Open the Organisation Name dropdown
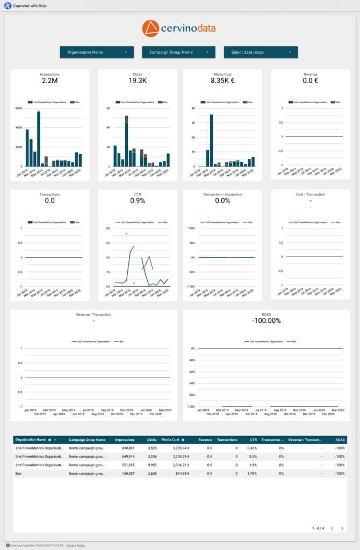click(x=97, y=52)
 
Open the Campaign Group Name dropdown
click(x=178, y=52)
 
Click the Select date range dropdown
click(x=261, y=52)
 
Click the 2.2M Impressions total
click(x=49, y=81)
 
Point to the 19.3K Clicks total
click(x=138, y=81)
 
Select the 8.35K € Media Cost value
click(x=222, y=81)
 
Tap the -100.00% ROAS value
click(x=266, y=321)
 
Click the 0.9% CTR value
click(x=138, y=200)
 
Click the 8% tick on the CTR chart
click(x=107, y=228)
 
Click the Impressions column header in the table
click(x=124, y=439)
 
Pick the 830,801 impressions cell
click(x=125, y=447)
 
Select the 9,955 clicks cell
click(x=152, y=465)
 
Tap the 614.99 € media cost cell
click(x=176, y=474)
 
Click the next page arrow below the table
click(x=342, y=529)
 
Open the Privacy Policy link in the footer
click(x=75, y=545)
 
